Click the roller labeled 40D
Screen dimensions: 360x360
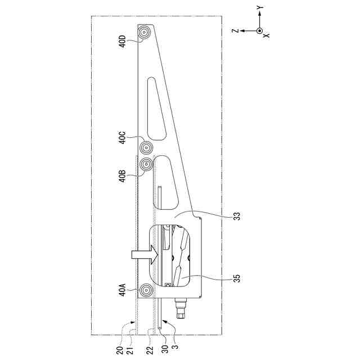coord(145,33)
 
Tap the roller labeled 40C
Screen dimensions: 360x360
coord(146,148)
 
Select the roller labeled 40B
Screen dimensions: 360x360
coord(146,164)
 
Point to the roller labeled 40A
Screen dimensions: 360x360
coord(146,291)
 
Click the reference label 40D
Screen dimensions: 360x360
coord(123,41)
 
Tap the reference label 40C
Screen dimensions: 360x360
coord(123,137)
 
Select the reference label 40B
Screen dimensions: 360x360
coord(123,176)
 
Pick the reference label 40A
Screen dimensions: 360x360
coord(123,290)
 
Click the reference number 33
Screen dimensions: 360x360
coord(237,216)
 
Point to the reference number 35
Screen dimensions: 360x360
coord(237,278)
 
